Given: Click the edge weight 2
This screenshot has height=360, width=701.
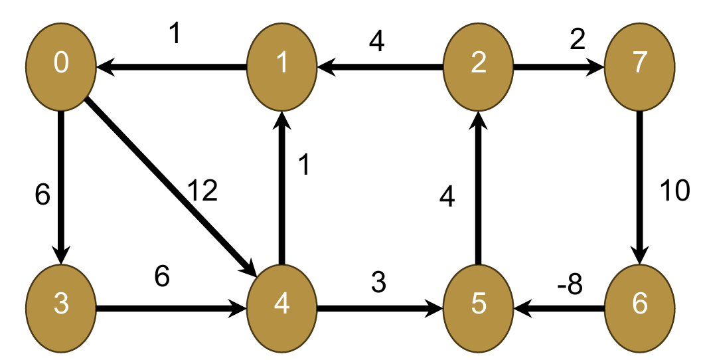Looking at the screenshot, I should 577,41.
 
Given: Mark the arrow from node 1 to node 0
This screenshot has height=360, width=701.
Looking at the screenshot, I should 173,66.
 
